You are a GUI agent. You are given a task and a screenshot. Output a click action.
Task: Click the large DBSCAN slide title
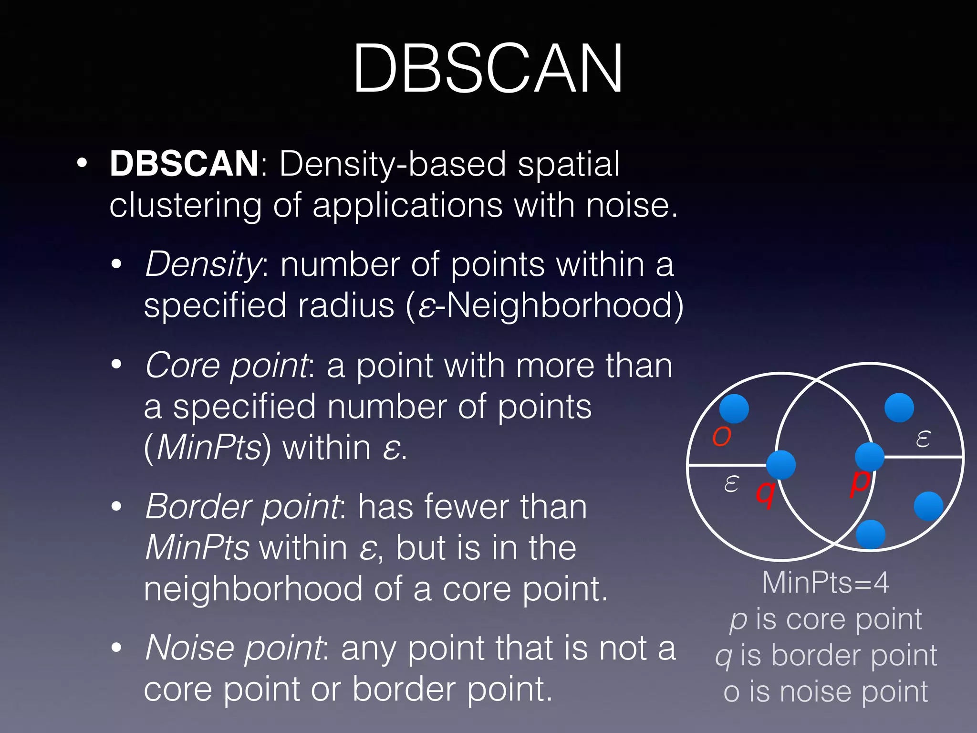click(x=488, y=68)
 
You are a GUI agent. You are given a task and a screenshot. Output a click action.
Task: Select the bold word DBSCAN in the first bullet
click(x=184, y=164)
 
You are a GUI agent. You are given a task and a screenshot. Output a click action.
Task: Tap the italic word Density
click(x=203, y=264)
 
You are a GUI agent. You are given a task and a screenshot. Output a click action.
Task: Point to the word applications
click(x=407, y=205)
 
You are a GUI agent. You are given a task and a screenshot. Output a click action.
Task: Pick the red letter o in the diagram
click(x=721, y=436)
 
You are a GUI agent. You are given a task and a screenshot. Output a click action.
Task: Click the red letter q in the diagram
click(x=765, y=493)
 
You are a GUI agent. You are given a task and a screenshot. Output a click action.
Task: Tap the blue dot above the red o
click(x=734, y=408)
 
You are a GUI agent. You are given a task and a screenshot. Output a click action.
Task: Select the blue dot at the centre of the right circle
click(x=870, y=457)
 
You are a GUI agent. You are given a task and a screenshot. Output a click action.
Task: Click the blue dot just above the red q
click(x=781, y=465)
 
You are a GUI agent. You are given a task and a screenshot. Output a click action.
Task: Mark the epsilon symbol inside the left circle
click(x=731, y=484)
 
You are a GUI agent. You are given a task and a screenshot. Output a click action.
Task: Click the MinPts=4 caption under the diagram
click(x=825, y=583)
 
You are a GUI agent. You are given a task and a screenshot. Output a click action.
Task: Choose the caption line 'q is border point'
click(x=826, y=656)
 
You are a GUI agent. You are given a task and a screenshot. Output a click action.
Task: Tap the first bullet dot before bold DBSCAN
click(x=82, y=163)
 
